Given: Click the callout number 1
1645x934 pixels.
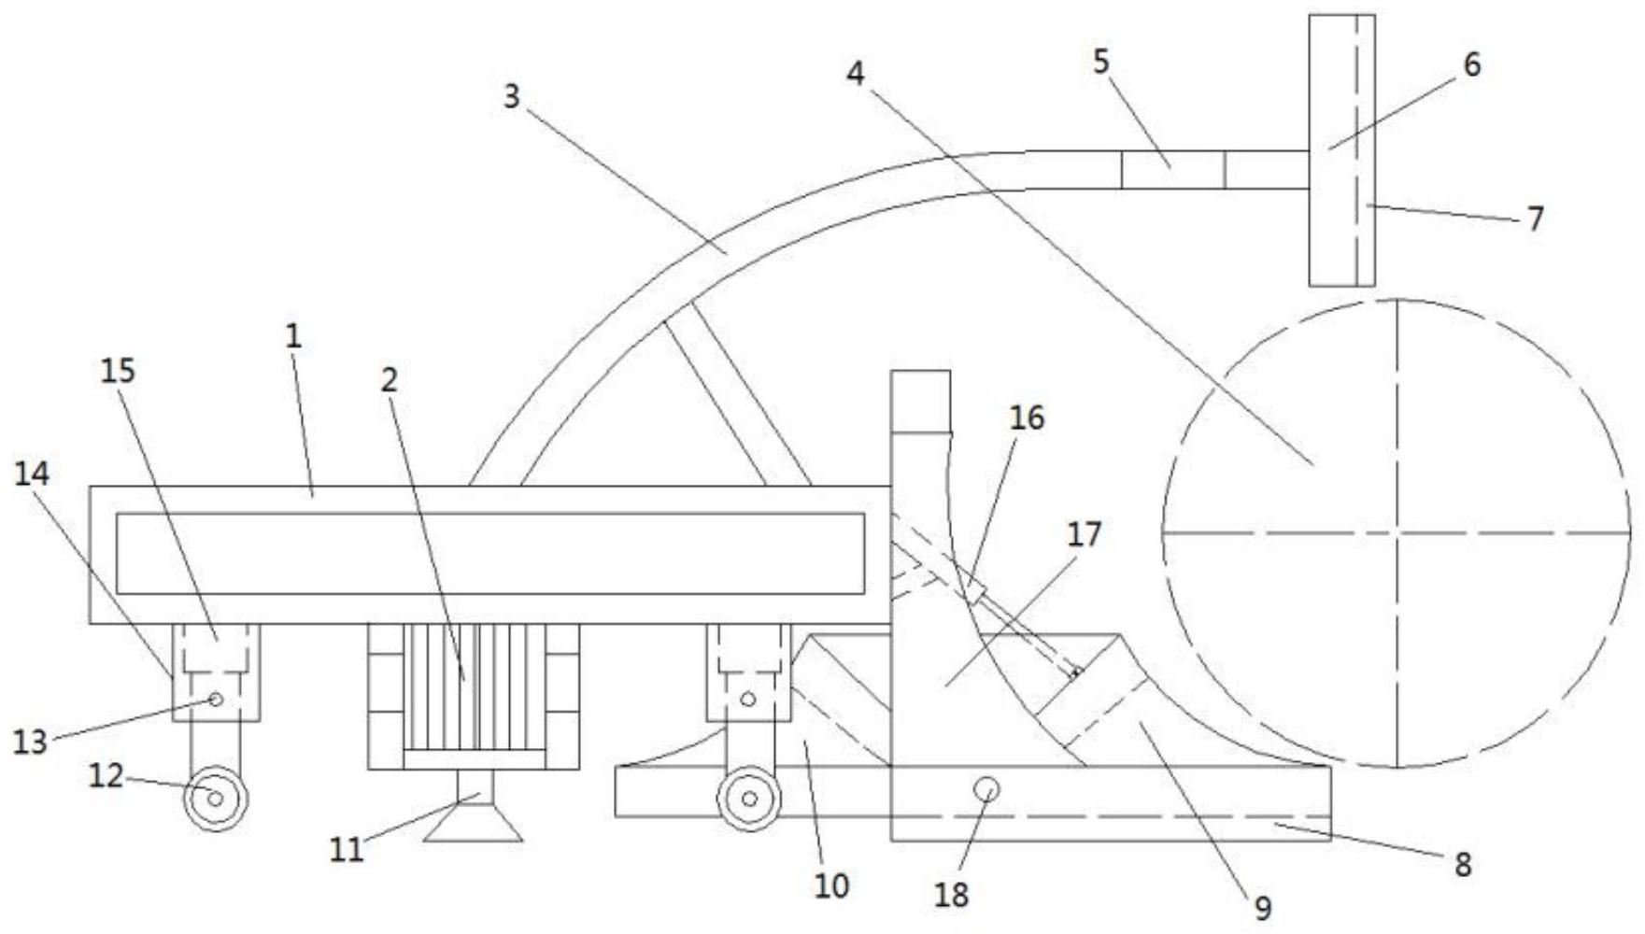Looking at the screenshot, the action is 294,336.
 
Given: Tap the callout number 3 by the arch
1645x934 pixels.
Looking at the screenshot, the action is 511,96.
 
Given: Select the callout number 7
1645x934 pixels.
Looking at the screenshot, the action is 1535,219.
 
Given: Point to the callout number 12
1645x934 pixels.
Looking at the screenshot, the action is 106,774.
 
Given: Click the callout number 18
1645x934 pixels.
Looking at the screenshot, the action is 952,895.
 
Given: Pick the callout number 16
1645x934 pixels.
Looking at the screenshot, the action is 1027,417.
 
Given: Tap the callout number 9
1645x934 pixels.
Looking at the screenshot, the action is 1263,908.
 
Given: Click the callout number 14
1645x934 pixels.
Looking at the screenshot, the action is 31,474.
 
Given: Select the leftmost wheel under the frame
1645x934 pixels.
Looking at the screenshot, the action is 216,799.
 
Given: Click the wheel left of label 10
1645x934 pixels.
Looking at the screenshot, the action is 749,799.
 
